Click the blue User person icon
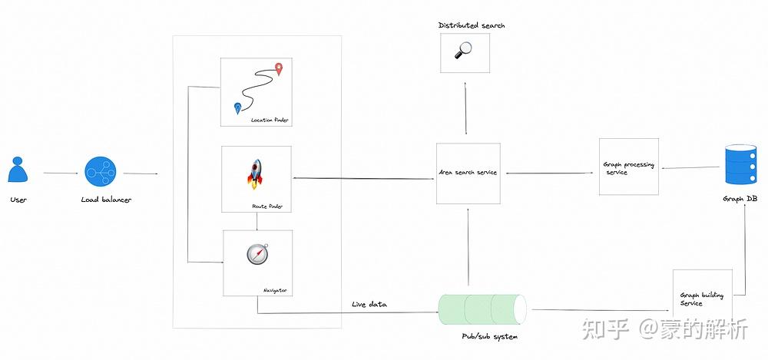pos(18,170)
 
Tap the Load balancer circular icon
pos(100,171)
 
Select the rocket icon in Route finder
pos(256,174)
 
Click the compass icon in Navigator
pos(257,254)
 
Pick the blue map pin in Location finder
pos(237,108)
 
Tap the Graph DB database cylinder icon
pos(740,167)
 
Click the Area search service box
pos(468,173)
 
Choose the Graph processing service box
pos(628,167)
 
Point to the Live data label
pos(369,305)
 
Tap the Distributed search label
pos(472,25)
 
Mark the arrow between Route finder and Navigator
pos(257,221)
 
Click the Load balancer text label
pos(106,200)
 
